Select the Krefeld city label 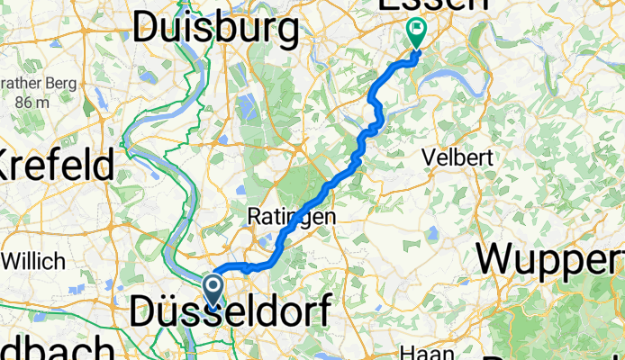point(56,166)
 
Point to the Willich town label point(34,262)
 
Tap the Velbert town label point(458,157)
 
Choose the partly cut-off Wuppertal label point(551,259)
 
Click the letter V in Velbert point(430,157)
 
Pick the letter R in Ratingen point(253,217)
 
